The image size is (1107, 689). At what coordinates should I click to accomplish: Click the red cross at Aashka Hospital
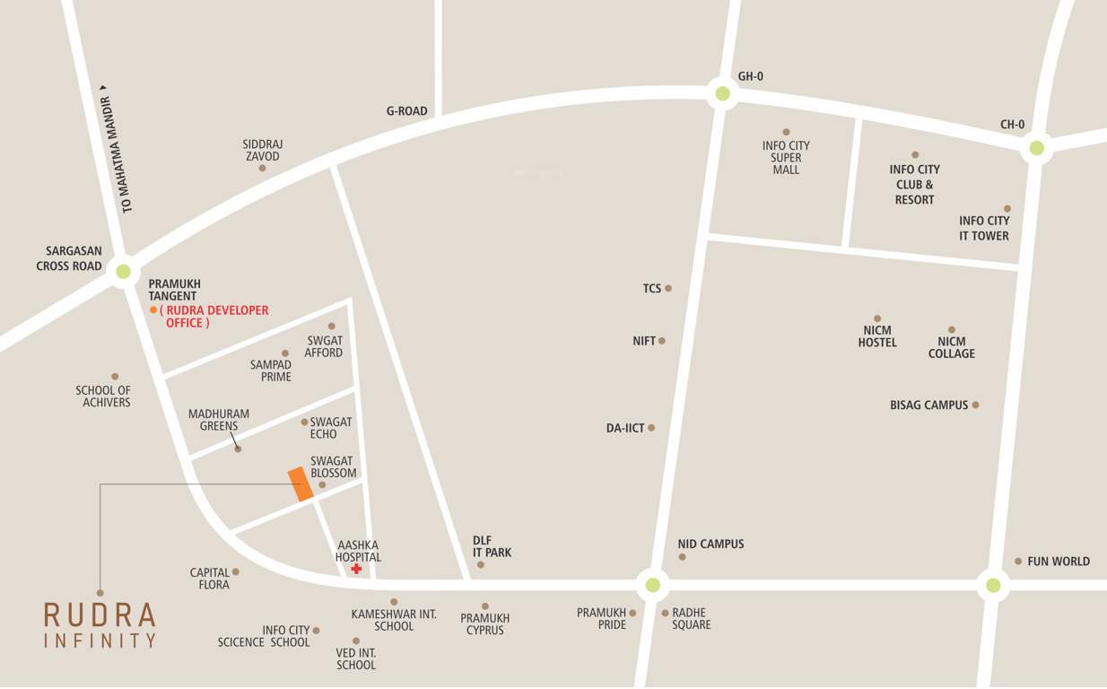(356, 569)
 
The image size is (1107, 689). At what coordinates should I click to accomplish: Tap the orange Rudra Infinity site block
(301, 484)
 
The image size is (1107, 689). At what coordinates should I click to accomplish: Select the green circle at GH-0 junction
(721, 92)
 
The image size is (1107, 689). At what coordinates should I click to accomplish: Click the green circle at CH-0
(1036, 148)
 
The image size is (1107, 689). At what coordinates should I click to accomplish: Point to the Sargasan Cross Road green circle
(123, 271)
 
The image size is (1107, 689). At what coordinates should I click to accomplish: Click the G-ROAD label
(406, 111)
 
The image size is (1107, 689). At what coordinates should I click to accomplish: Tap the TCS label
(651, 289)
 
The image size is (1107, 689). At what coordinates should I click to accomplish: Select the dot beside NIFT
(662, 341)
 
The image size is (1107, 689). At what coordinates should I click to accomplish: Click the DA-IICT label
(625, 429)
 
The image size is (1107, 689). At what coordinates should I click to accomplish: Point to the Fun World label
(1059, 562)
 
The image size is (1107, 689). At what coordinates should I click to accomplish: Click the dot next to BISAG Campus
(975, 405)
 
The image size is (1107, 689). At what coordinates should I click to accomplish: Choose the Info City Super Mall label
(786, 157)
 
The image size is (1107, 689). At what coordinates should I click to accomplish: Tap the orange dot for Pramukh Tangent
(153, 310)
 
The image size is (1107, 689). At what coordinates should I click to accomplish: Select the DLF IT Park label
(492, 546)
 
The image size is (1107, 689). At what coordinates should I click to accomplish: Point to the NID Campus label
(710, 545)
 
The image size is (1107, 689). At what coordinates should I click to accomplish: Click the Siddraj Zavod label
(263, 150)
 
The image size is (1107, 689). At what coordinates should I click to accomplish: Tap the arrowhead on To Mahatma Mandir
(104, 88)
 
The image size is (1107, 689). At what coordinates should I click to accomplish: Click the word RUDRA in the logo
(100, 615)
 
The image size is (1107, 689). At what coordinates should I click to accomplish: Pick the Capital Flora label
(209, 579)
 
